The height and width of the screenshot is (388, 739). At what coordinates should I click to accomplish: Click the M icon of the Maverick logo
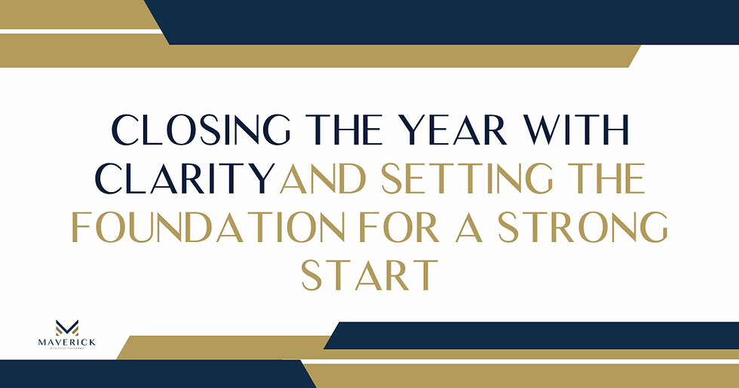click(x=67, y=327)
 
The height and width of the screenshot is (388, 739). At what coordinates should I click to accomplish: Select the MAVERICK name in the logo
click(x=67, y=344)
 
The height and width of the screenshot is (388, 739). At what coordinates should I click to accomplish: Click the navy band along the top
click(x=452, y=21)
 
